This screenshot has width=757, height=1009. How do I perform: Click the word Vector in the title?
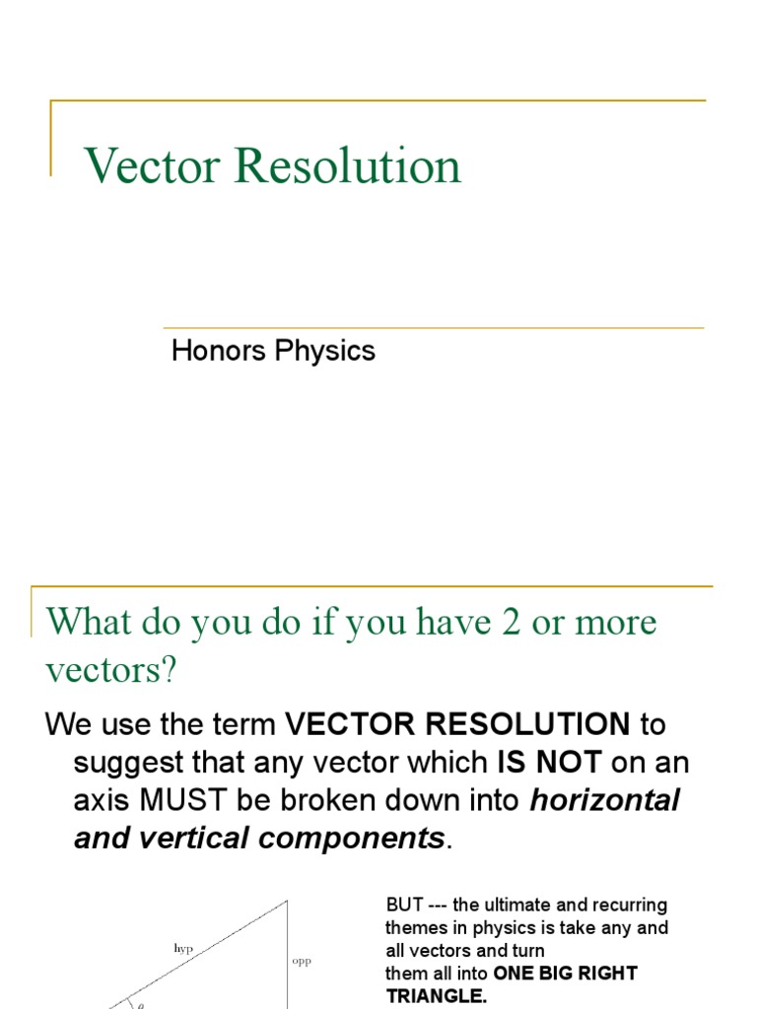pos(152,166)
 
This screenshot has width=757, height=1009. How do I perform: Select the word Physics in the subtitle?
pos(325,351)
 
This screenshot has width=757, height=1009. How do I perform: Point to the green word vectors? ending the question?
pos(111,671)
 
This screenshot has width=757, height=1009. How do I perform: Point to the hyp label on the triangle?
pos(183,947)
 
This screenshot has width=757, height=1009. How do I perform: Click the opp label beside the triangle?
pos(302,961)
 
